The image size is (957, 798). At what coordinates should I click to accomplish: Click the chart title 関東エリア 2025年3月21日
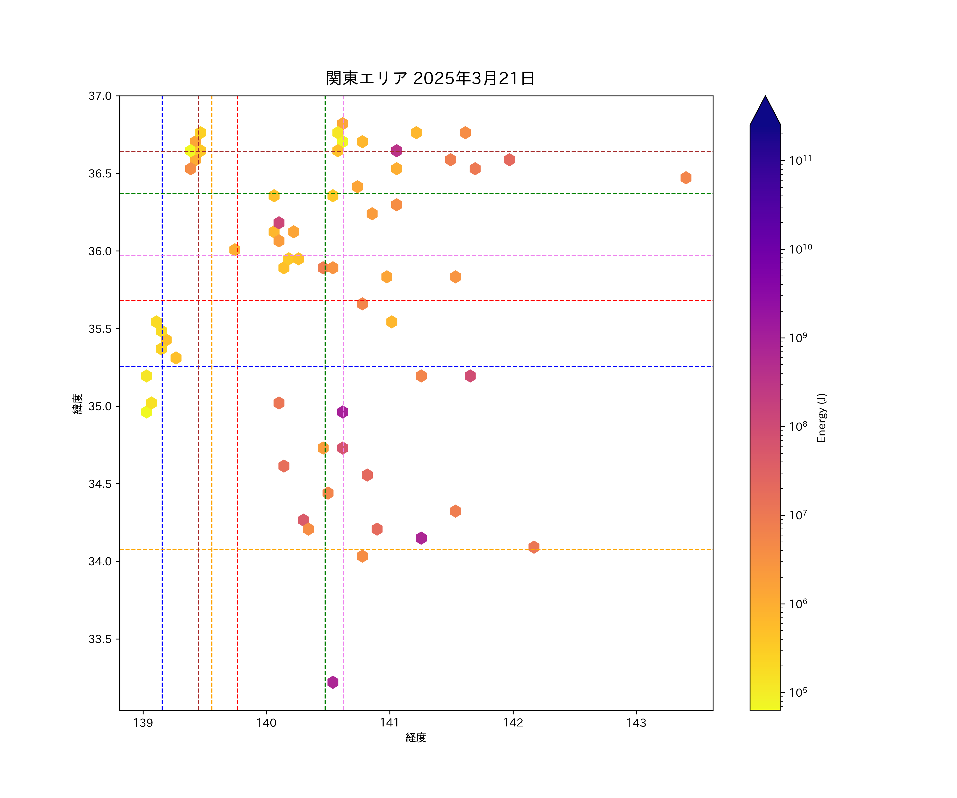click(430, 78)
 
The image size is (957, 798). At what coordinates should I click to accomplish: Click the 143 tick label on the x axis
click(636, 723)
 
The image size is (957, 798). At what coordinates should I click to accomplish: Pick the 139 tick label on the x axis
click(143, 723)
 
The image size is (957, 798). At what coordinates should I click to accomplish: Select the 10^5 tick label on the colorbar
click(798, 692)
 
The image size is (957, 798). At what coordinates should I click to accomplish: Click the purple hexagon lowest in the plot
click(333, 682)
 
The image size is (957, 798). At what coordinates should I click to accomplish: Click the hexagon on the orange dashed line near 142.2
click(534, 547)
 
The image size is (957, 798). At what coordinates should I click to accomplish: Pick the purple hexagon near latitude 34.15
click(421, 538)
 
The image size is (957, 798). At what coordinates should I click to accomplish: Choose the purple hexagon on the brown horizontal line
click(396, 151)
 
